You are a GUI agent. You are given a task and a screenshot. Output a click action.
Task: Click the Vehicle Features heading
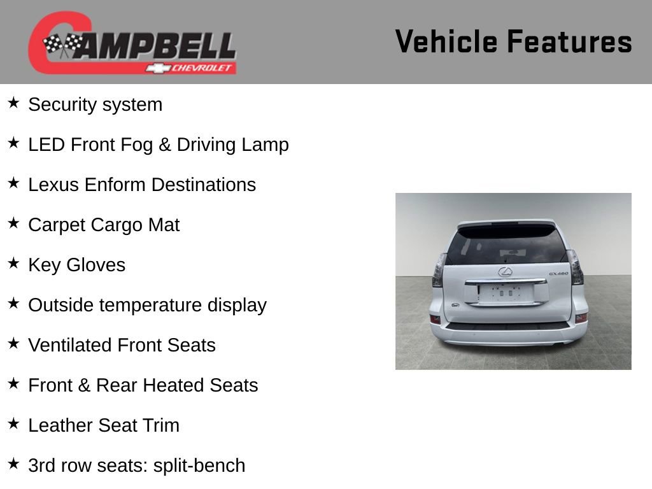[513, 42]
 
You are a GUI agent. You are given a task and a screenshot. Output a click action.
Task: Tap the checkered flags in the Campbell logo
[63, 45]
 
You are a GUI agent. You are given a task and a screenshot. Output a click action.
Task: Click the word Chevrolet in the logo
[202, 68]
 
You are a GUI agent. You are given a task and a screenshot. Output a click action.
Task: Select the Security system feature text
[95, 104]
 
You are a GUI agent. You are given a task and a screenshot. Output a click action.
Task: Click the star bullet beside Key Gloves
[13, 264]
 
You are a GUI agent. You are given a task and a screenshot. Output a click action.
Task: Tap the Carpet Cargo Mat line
[104, 225]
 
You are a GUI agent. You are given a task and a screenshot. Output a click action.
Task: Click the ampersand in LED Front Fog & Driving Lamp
[165, 145]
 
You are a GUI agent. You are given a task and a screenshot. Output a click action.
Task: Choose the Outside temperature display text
[147, 305]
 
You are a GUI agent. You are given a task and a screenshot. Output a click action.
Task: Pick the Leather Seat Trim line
[104, 425]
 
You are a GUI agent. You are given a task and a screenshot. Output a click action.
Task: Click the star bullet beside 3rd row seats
[13, 464]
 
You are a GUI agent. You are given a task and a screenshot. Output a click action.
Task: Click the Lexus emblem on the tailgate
[506, 272]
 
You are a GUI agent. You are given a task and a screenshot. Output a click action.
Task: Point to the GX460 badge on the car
[558, 274]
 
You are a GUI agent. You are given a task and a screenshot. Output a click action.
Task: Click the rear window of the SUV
[506, 245]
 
